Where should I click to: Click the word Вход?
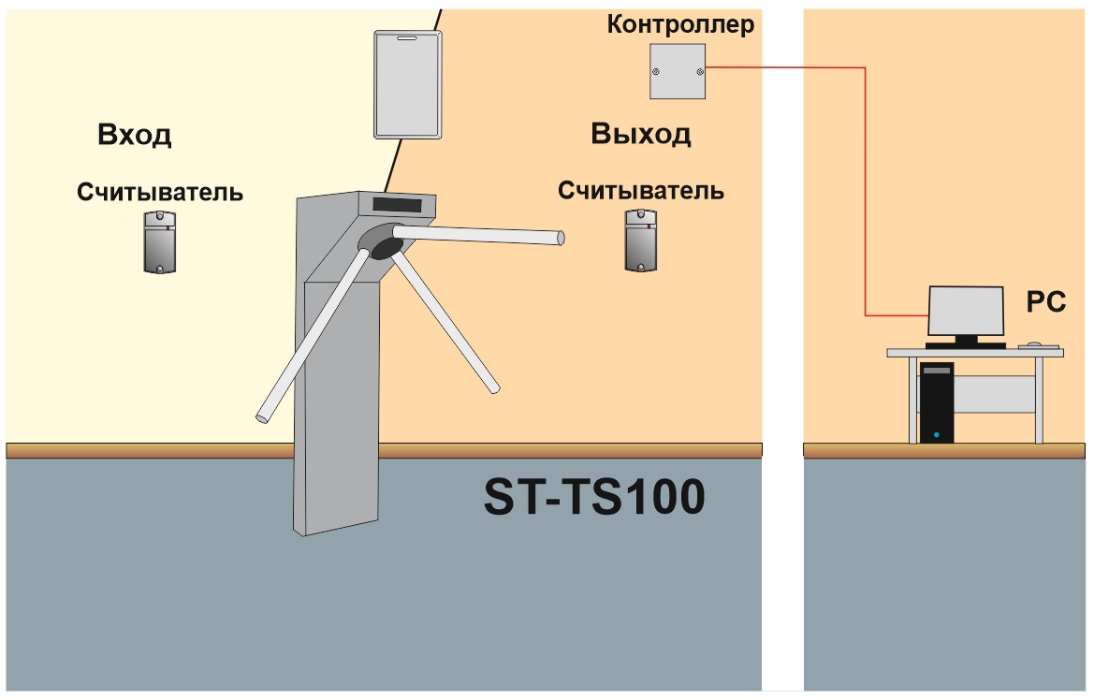135,134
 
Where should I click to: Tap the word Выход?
640,133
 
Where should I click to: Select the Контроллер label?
680,24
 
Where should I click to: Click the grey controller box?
678,71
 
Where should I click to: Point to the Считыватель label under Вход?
160,192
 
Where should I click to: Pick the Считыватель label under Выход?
640,191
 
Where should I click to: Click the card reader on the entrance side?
160,241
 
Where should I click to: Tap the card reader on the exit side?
640,241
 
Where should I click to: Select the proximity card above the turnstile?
407,84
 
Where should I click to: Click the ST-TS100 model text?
594,497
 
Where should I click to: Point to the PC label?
1046,301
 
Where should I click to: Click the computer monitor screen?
966,311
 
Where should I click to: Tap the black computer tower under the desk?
937,402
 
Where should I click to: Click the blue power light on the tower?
937,435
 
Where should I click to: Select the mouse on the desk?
1033,344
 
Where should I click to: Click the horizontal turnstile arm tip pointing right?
561,239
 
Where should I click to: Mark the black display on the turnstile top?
397,205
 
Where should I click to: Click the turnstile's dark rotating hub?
383,241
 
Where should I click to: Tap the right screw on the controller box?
699,71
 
